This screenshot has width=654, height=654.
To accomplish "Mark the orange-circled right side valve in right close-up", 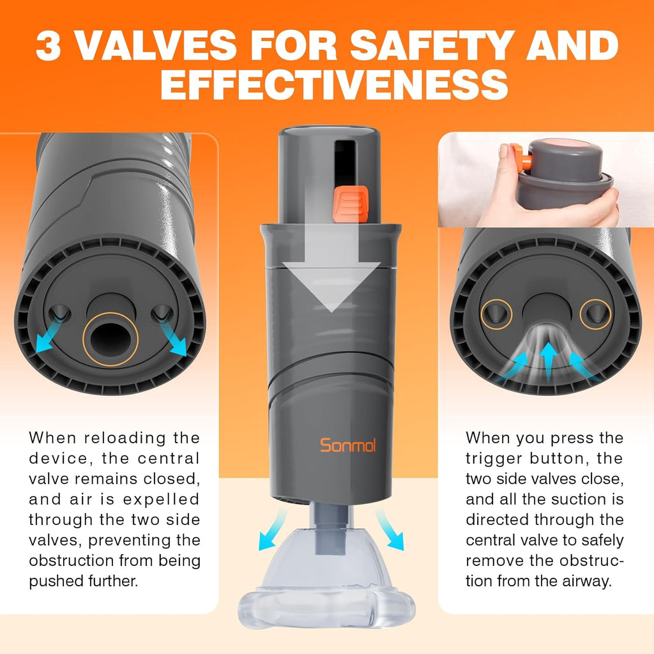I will (595, 314).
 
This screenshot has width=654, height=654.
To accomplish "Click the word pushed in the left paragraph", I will (58, 581).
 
